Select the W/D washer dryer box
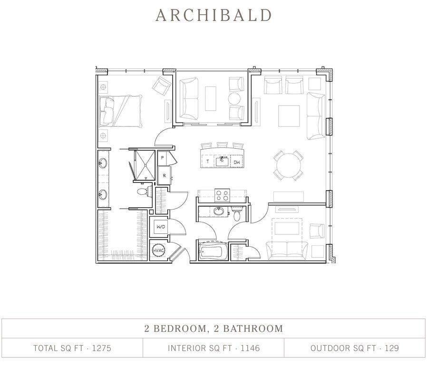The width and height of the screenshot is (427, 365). [x=161, y=227]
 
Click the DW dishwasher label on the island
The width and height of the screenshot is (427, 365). [x=236, y=163]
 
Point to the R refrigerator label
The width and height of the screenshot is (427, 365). [x=164, y=175]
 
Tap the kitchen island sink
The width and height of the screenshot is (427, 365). [x=222, y=161]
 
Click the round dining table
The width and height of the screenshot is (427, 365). [x=288, y=165]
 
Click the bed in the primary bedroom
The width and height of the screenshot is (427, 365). [x=121, y=110]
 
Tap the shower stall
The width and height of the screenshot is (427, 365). [x=143, y=165]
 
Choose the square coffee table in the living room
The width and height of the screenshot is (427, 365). [x=289, y=116]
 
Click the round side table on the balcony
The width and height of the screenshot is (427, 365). [x=234, y=99]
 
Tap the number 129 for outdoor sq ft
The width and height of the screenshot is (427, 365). [x=392, y=348]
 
